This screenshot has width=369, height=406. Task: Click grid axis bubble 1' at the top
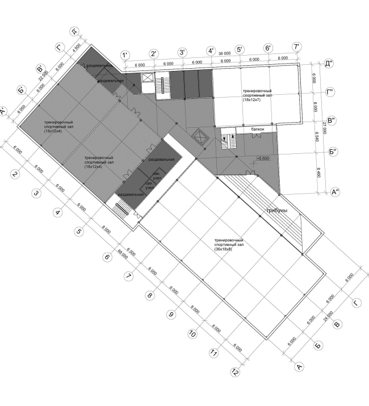click(125, 55)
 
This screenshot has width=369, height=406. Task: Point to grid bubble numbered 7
click(128, 277)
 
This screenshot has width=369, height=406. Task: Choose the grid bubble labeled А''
click(336, 192)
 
